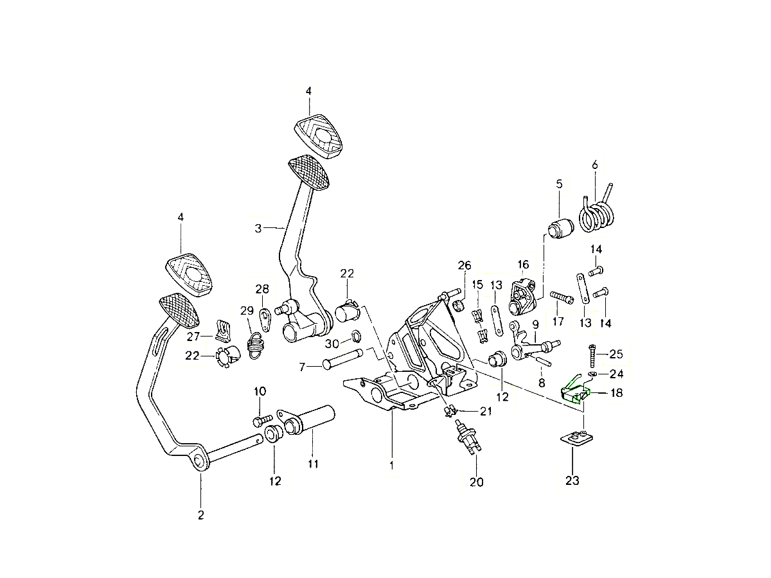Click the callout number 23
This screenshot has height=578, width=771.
(572, 480)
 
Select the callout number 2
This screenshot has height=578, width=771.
(200, 514)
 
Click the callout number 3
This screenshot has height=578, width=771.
(258, 228)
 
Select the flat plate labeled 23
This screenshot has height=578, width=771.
(574, 441)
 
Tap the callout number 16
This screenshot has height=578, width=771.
(523, 264)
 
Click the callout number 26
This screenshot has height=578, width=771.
(465, 265)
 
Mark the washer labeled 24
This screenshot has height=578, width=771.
(592, 373)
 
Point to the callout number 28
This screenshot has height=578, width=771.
(262, 288)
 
